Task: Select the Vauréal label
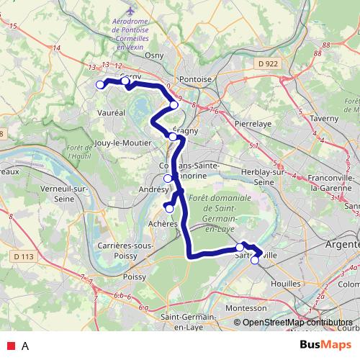tap(109, 112)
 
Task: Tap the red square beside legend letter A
tap(11, 346)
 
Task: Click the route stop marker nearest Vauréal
tap(100, 84)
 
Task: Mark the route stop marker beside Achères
tap(170, 209)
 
